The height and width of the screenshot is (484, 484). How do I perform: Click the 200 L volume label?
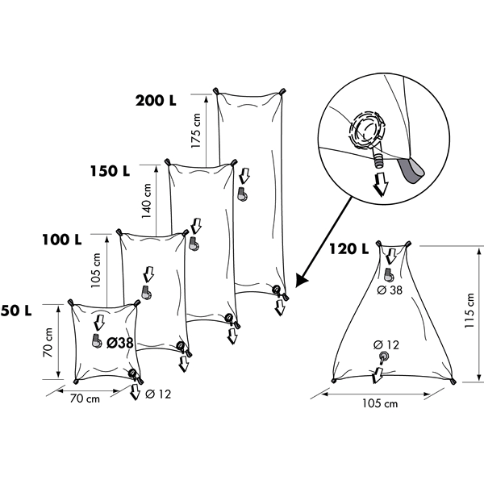(x=156, y=100)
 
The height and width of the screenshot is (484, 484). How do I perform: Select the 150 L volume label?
(x=111, y=171)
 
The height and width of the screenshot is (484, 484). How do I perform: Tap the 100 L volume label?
(x=62, y=240)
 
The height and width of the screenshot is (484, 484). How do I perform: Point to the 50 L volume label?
(x=16, y=311)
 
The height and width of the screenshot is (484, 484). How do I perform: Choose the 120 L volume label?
(x=349, y=248)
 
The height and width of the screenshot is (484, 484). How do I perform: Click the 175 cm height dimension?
(x=196, y=131)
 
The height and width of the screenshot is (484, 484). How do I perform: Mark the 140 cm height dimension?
(x=146, y=201)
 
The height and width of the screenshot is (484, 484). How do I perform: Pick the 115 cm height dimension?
(x=469, y=311)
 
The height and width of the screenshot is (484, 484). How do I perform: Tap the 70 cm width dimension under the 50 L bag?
(x=85, y=398)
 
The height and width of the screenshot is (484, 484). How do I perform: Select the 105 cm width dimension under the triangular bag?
(x=380, y=403)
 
